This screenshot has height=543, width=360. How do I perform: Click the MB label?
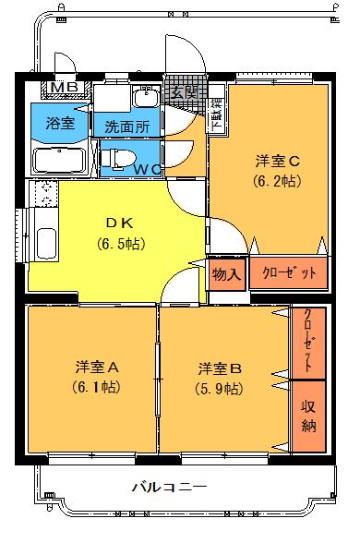point(64,89)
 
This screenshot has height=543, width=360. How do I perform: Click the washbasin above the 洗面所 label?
point(144,98)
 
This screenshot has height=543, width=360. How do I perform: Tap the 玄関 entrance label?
point(184,91)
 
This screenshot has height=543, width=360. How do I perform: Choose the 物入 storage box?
point(225,274)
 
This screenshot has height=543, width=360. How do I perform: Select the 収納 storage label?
point(308,417)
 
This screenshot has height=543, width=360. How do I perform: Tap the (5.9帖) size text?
point(220,388)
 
